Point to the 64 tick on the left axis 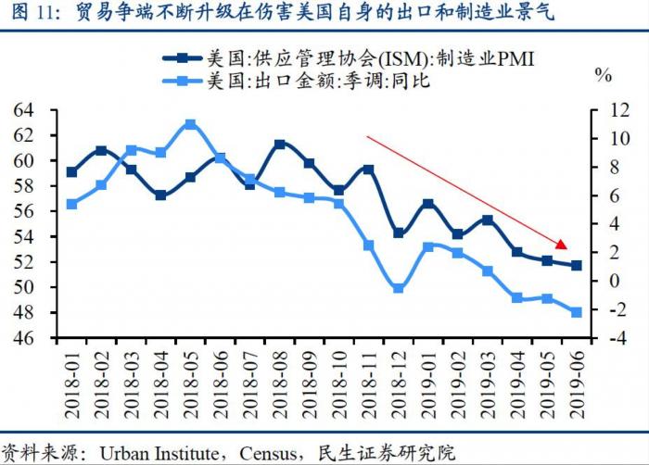tap(23, 109)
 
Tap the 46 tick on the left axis tap(23, 339)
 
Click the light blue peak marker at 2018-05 tap(190, 124)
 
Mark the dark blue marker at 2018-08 tap(279, 145)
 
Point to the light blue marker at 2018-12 tap(398, 288)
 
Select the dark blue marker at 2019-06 tap(576, 266)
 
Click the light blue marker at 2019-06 tap(576, 312)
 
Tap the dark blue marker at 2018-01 tap(71, 171)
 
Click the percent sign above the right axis tap(604, 73)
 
